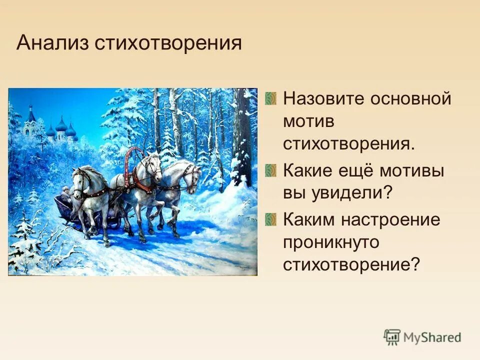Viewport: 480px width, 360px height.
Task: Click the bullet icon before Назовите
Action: pos(270,98)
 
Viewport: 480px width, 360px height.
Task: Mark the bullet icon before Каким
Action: pos(270,219)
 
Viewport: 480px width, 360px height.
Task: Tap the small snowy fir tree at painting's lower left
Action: pos(22,240)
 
